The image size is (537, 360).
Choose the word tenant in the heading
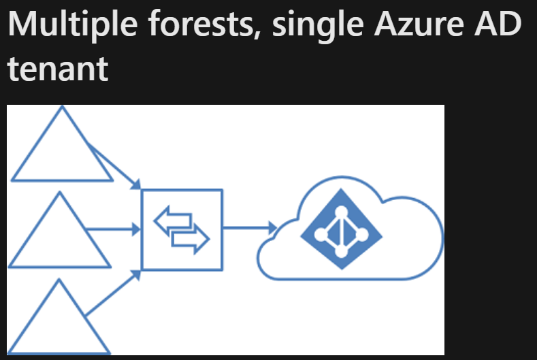(x=58, y=69)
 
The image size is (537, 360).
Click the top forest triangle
(x=62, y=150)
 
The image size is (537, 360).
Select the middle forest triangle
(x=60, y=235)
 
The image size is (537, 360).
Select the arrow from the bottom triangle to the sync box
(x=114, y=293)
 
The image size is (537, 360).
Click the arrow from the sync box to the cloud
(x=248, y=228)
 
